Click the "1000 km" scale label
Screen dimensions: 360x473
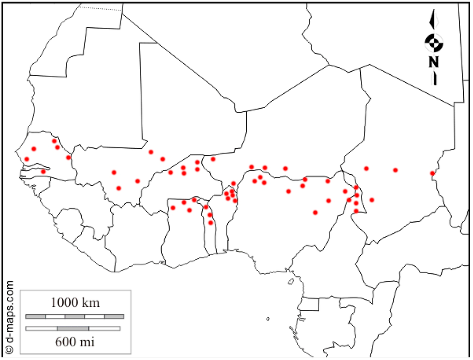[x=75, y=303]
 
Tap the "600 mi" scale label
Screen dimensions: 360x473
[x=75, y=342]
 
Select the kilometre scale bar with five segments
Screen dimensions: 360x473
[x=75, y=317]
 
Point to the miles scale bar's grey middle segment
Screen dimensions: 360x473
[x=73, y=329]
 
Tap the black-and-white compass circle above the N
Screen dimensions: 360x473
[x=434, y=43]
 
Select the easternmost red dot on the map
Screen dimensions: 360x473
[x=432, y=174]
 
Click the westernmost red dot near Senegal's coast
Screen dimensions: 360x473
[x=27, y=159]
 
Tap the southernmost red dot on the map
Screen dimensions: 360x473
[x=211, y=223]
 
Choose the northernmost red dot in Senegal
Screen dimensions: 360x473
[x=54, y=141]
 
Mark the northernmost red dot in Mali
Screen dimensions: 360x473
[x=151, y=152]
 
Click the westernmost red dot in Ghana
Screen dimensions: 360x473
[x=173, y=207]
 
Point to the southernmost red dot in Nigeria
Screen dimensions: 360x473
[x=315, y=213]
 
